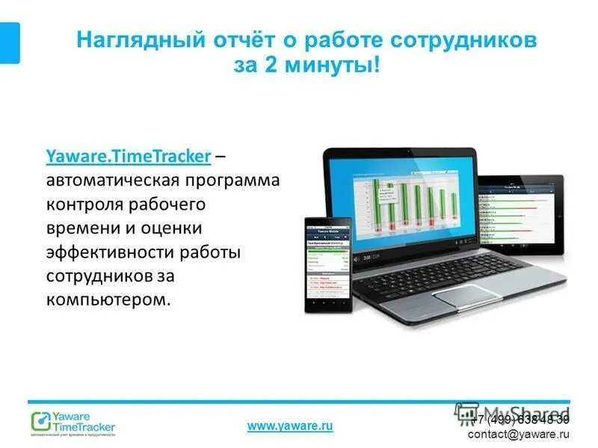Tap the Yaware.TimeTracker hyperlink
pos(128,157)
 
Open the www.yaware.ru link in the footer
pos(290,426)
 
